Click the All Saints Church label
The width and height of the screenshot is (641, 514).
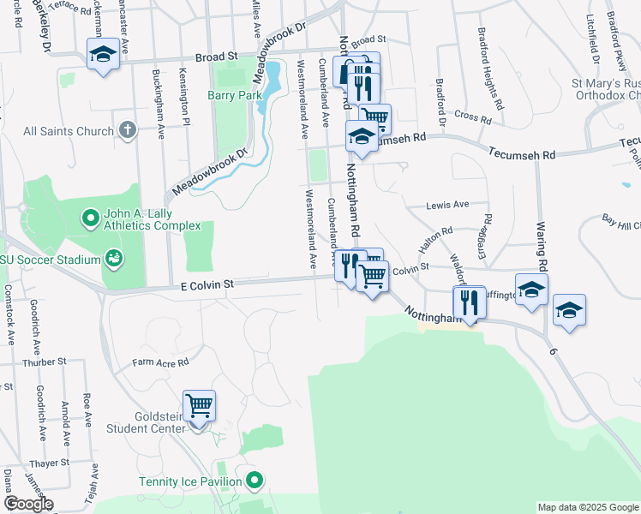coord(69,131)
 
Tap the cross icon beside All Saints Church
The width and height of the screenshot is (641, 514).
coord(127,130)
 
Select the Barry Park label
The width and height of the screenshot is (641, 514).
coord(234,96)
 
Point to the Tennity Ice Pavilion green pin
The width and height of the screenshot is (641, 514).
coord(253,480)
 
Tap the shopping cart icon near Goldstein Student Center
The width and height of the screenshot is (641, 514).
coord(199,404)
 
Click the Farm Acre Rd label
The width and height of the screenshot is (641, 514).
coord(160,363)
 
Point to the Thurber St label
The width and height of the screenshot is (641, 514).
coord(38,362)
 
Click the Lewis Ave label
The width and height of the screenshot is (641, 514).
coord(448,205)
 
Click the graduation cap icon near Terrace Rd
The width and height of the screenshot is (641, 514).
coord(103,55)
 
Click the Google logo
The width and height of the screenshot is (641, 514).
coord(28,504)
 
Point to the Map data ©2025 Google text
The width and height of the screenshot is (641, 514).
coord(588,507)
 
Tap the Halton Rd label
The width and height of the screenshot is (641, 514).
coord(434,239)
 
